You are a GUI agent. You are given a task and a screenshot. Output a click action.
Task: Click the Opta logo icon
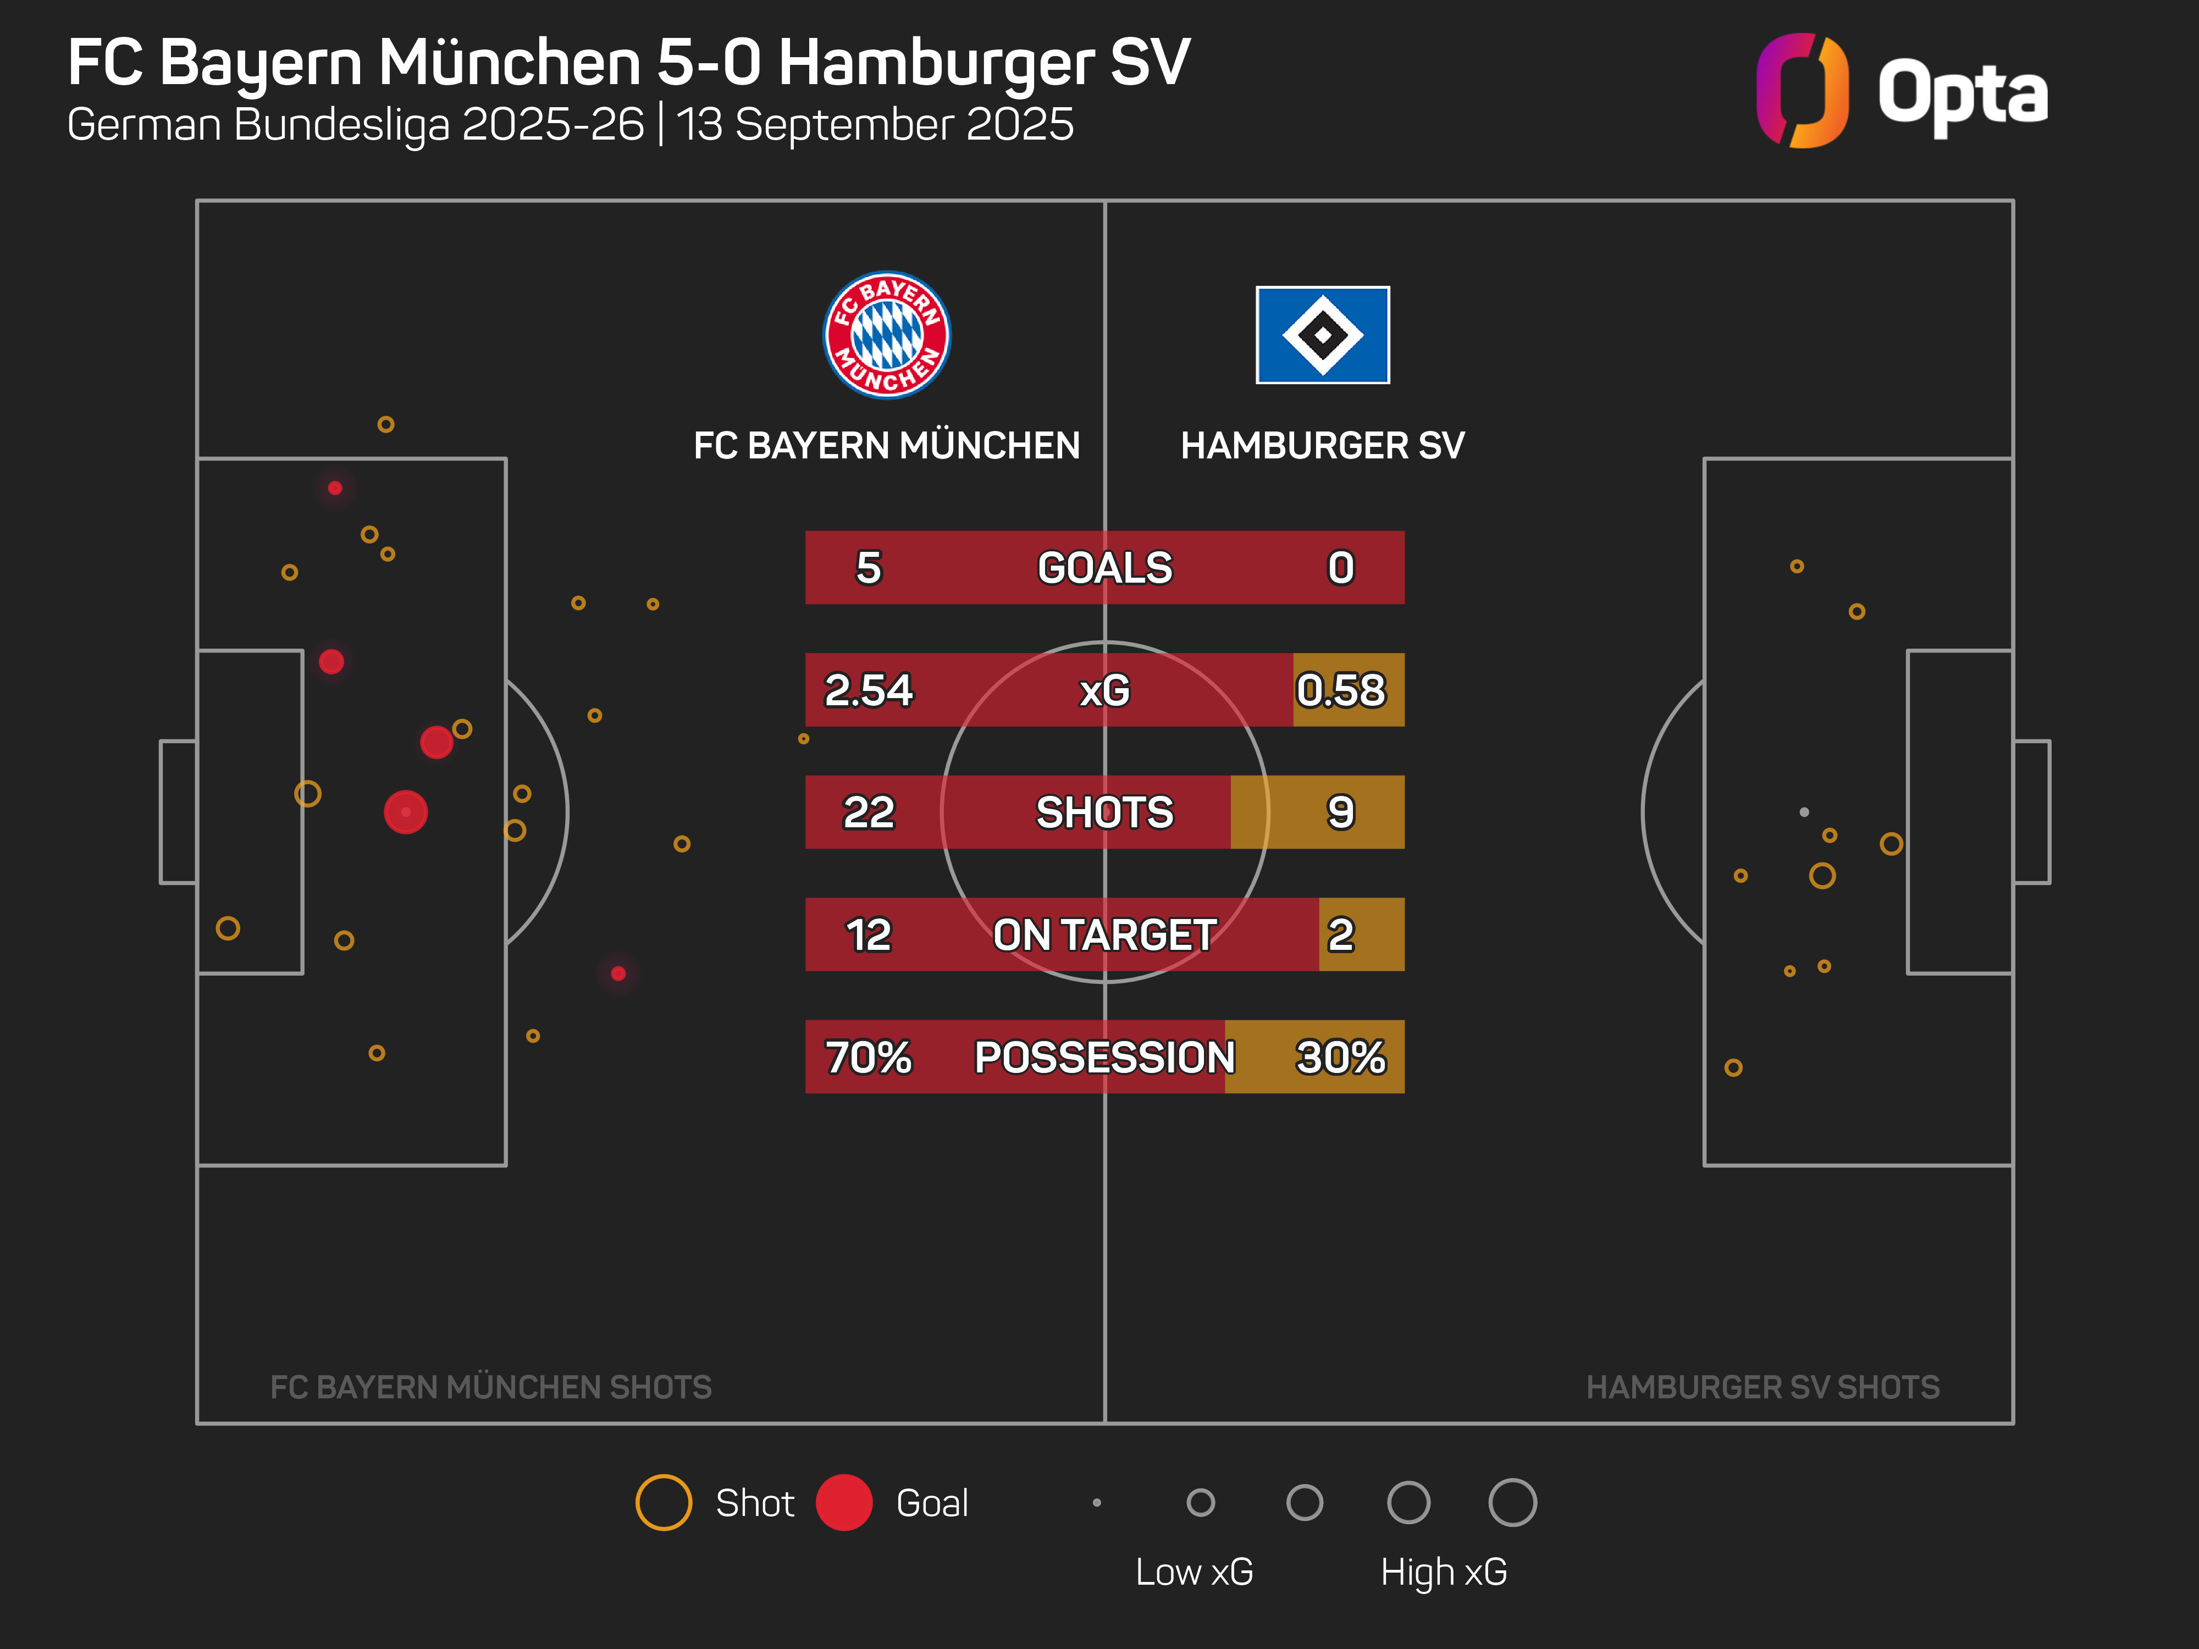click(x=1802, y=91)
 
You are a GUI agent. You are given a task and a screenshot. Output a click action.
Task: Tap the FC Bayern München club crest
click(x=887, y=335)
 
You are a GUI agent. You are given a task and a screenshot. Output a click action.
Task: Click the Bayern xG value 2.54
click(x=868, y=690)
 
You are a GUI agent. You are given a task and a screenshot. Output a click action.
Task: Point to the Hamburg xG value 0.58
click(x=1340, y=690)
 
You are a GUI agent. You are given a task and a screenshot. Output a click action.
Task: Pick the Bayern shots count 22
click(x=868, y=812)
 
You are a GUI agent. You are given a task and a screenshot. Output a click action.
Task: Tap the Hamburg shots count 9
click(x=1340, y=812)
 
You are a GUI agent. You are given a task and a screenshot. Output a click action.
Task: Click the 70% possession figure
click(x=868, y=1056)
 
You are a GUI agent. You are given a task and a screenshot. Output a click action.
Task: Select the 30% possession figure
click(x=1340, y=1056)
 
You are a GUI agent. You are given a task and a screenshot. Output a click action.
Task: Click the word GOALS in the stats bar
click(x=1104, y=568)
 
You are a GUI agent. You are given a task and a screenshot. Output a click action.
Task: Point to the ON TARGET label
click(x=1104, y=934)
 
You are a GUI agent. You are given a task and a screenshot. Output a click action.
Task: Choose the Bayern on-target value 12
click(x=868, y=934)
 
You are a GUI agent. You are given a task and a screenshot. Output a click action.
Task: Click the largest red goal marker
click(x=406, y=812)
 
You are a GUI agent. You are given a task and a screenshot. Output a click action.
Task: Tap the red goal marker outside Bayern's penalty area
click(x=618, y=973)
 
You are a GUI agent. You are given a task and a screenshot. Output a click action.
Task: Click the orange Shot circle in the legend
click(x=663, y=1502)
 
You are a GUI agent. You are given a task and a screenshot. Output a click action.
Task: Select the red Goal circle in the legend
click(x=844, y=1502)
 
